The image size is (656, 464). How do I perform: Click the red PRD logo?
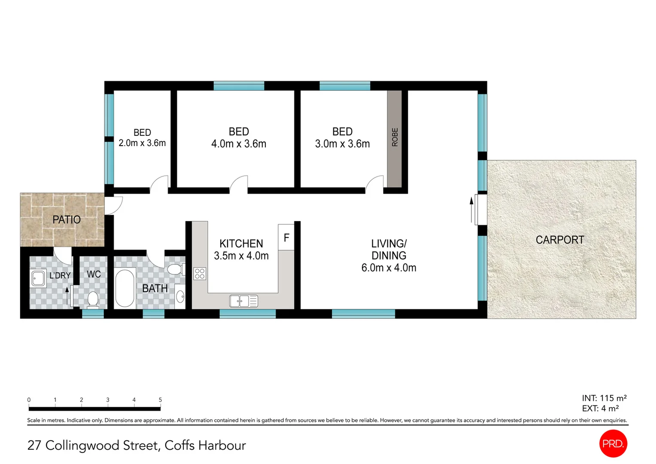point(613,443)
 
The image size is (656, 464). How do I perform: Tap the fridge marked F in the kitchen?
point(286,237)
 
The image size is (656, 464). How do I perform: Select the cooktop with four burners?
point(200,274)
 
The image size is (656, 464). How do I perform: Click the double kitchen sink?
point(244,301)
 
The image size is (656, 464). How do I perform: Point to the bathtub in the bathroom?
point(125,288)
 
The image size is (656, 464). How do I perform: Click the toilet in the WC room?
point(93,300)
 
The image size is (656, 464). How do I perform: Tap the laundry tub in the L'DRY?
point(38,278)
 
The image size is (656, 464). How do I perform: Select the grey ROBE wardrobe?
point(395,139)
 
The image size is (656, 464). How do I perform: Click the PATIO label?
point(67,220)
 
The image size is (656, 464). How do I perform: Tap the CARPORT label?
point(560,240)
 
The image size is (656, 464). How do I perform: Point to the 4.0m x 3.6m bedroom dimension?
point(239,144)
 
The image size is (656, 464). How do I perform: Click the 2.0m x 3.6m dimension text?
point(142,143)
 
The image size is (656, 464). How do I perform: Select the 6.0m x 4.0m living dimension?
point(389,268)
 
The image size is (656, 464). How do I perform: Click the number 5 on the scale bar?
point(160,400)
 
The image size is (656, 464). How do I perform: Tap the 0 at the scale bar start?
point(29,400)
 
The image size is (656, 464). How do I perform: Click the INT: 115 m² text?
point(604,398)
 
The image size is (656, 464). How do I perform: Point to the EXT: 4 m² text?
point(600,408)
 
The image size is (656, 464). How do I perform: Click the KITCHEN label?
point(241,244)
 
